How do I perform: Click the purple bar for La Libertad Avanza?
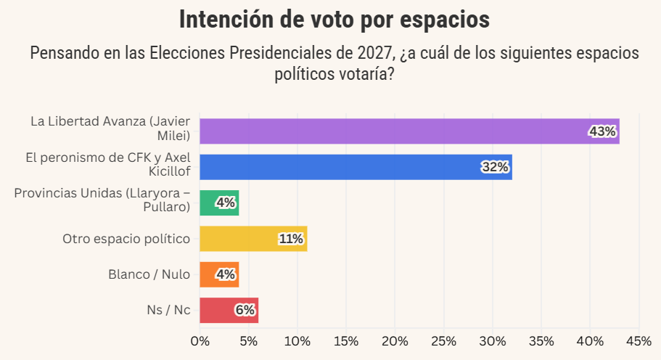point(408,131)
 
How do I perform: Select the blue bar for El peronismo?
point(356,167)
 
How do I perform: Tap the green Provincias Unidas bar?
point(218,202)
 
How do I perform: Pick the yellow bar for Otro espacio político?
point(253,239)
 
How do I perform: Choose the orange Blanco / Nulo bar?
point(218,274)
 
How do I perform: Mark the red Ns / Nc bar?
point(229,310)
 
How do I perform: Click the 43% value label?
point(603,131)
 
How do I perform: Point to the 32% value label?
point(496,167)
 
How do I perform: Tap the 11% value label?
point(290,239)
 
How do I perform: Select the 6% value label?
point(245,310)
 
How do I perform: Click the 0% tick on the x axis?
point(200,340)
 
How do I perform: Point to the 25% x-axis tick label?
point(443,340)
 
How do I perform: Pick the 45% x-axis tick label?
point(638,340)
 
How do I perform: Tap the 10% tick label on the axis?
point(297,340)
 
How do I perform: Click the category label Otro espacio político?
point(126,238)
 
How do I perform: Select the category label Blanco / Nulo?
point(149,274)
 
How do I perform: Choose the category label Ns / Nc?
point(168,310)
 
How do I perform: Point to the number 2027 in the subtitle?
point(374,54)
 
